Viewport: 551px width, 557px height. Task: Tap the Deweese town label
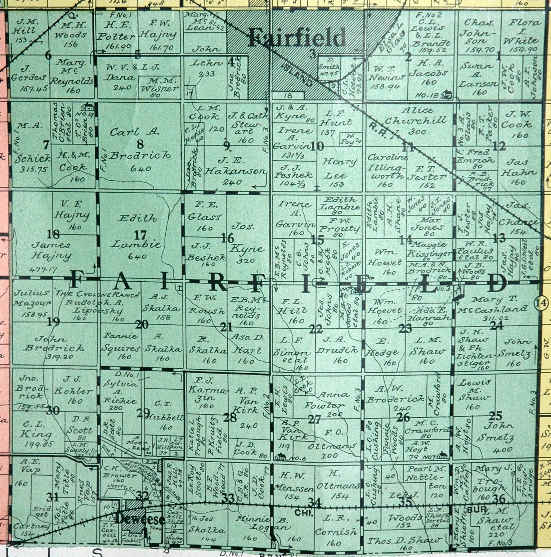coord(139,520)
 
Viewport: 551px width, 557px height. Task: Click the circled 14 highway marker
coord(541,303)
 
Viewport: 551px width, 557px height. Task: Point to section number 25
coord(496,415)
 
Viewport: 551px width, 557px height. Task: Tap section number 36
coord(499,499)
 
